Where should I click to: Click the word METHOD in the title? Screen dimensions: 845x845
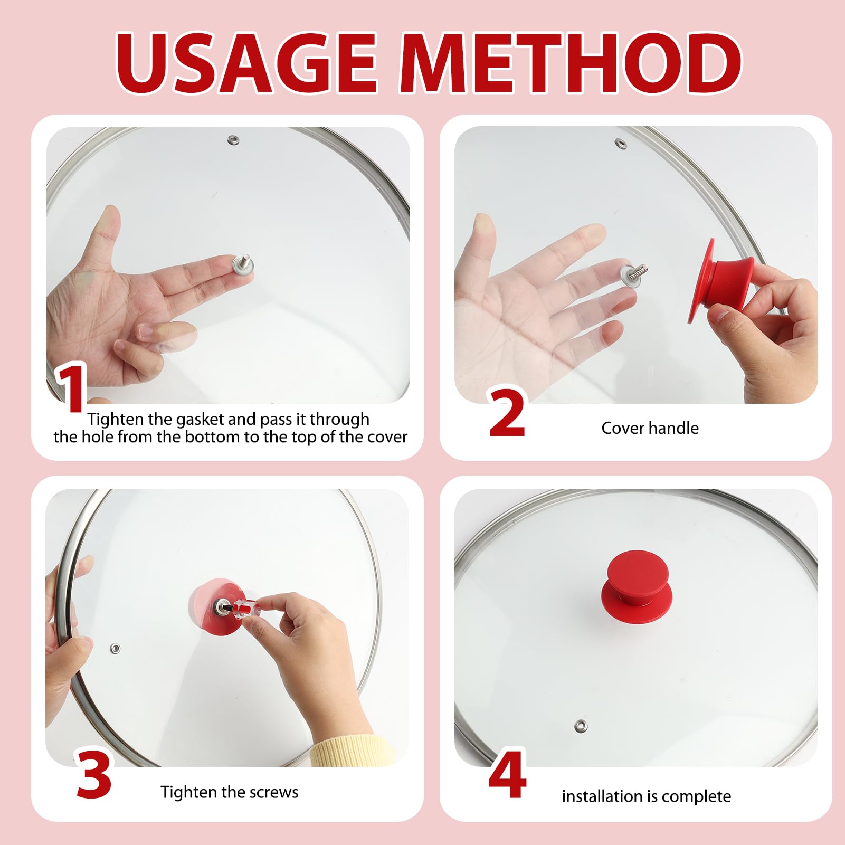[x=570, y=63]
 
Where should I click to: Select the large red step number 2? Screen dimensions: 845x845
[x=507, y=412]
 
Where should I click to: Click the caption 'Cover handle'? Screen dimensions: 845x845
[x=650, y=428]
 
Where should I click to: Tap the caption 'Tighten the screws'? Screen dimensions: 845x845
[x=230, y=792]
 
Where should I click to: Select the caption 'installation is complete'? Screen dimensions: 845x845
[x=647, y=796]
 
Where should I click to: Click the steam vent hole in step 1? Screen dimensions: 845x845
[x=233, y=140]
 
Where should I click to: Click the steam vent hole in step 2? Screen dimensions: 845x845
[x=621, y=143]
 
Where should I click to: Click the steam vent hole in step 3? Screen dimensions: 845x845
[x=115, y=648]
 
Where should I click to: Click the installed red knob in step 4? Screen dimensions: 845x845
[x=637, y=580]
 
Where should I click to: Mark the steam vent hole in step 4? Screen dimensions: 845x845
[x=581, y=726]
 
